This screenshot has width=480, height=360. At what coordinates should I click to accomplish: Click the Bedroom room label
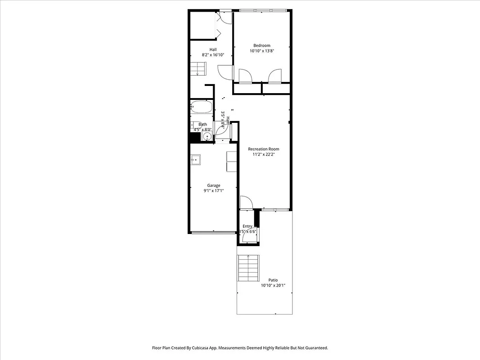click(x=262, y=45)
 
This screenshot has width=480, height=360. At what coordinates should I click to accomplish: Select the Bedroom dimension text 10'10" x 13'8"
click(x=262, y=51)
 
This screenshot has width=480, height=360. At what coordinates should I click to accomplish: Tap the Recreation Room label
click(x=264, y=149)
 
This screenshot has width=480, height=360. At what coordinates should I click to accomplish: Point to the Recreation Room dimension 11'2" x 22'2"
click(x=264, y=155)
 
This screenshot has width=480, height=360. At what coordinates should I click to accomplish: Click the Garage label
click(x=213, y=185)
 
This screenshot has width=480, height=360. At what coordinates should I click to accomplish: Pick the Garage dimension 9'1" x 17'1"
click(x=213, y=191)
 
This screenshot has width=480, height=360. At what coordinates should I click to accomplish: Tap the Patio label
click(x=273, y=280)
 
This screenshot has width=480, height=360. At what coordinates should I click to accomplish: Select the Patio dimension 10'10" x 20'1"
click(x=273, y=286)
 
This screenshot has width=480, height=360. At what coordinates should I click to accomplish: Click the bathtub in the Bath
click(x=201, y=107)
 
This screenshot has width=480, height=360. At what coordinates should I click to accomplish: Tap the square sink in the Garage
click(x=196, y=159)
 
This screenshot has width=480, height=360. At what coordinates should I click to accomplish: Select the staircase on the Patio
click(x=249, y=268)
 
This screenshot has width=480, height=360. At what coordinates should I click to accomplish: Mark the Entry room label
click(x=247, y=226)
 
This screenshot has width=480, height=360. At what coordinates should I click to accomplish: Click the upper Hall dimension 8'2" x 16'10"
click(x=213, y=55)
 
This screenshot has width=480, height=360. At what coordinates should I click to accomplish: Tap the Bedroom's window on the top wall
click(x=262, y=10)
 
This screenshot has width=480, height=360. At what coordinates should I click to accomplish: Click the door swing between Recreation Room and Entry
click(x=246, y=202)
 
